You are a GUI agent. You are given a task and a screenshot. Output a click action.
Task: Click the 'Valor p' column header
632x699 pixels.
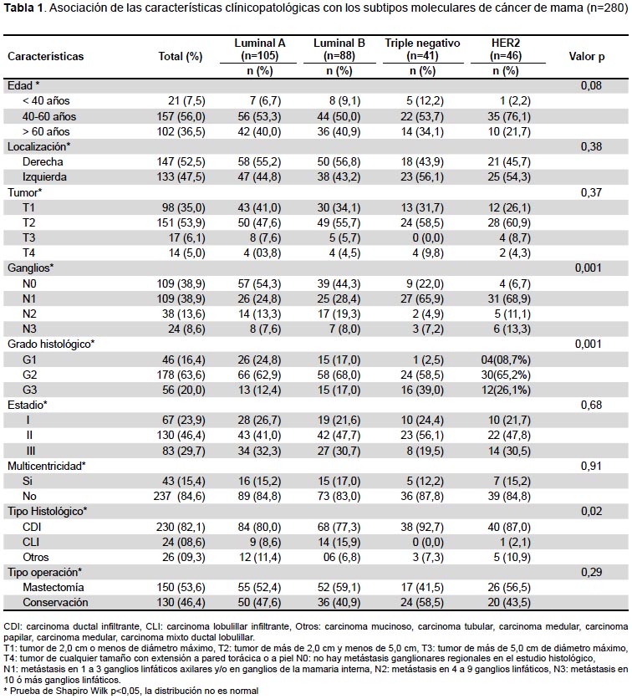point(587,57)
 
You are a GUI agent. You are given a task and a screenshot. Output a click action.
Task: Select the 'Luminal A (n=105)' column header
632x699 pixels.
point(259,49)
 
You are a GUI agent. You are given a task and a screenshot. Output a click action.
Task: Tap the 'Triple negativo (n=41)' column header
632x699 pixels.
point(422,49)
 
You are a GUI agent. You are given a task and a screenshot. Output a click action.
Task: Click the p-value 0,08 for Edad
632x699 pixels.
point(591,85)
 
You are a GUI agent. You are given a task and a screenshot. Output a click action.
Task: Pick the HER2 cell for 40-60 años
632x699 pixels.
point(509,116)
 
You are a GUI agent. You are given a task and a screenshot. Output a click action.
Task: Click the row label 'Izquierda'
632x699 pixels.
point(44,177)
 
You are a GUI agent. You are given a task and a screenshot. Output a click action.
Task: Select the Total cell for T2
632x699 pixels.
point(181,222)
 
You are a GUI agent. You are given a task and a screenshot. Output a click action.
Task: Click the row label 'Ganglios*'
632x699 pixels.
point(31,268)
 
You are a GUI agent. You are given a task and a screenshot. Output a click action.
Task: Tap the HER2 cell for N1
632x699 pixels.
point(509,298)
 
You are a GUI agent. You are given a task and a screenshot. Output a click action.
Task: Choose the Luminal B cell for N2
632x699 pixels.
point(339,314)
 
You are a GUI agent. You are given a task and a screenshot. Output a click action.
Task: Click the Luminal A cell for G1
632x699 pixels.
point(259,360)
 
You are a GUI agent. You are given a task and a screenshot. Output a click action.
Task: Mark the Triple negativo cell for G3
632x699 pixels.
point(422,390)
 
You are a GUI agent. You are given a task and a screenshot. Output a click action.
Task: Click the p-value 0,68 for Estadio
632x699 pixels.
point(591,405)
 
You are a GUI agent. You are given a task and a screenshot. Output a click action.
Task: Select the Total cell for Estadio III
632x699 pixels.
point(184,452)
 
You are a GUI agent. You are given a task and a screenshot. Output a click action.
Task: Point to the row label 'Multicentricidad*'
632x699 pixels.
point(47,467)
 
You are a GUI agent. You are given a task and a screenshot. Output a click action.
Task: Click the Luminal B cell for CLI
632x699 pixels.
point(339,542)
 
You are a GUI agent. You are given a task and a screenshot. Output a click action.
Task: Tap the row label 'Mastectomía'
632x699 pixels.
point(54,588)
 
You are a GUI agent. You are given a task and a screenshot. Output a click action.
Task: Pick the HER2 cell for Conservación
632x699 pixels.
point(509,603)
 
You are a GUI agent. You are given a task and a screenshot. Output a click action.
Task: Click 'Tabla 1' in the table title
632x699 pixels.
point(23,8)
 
